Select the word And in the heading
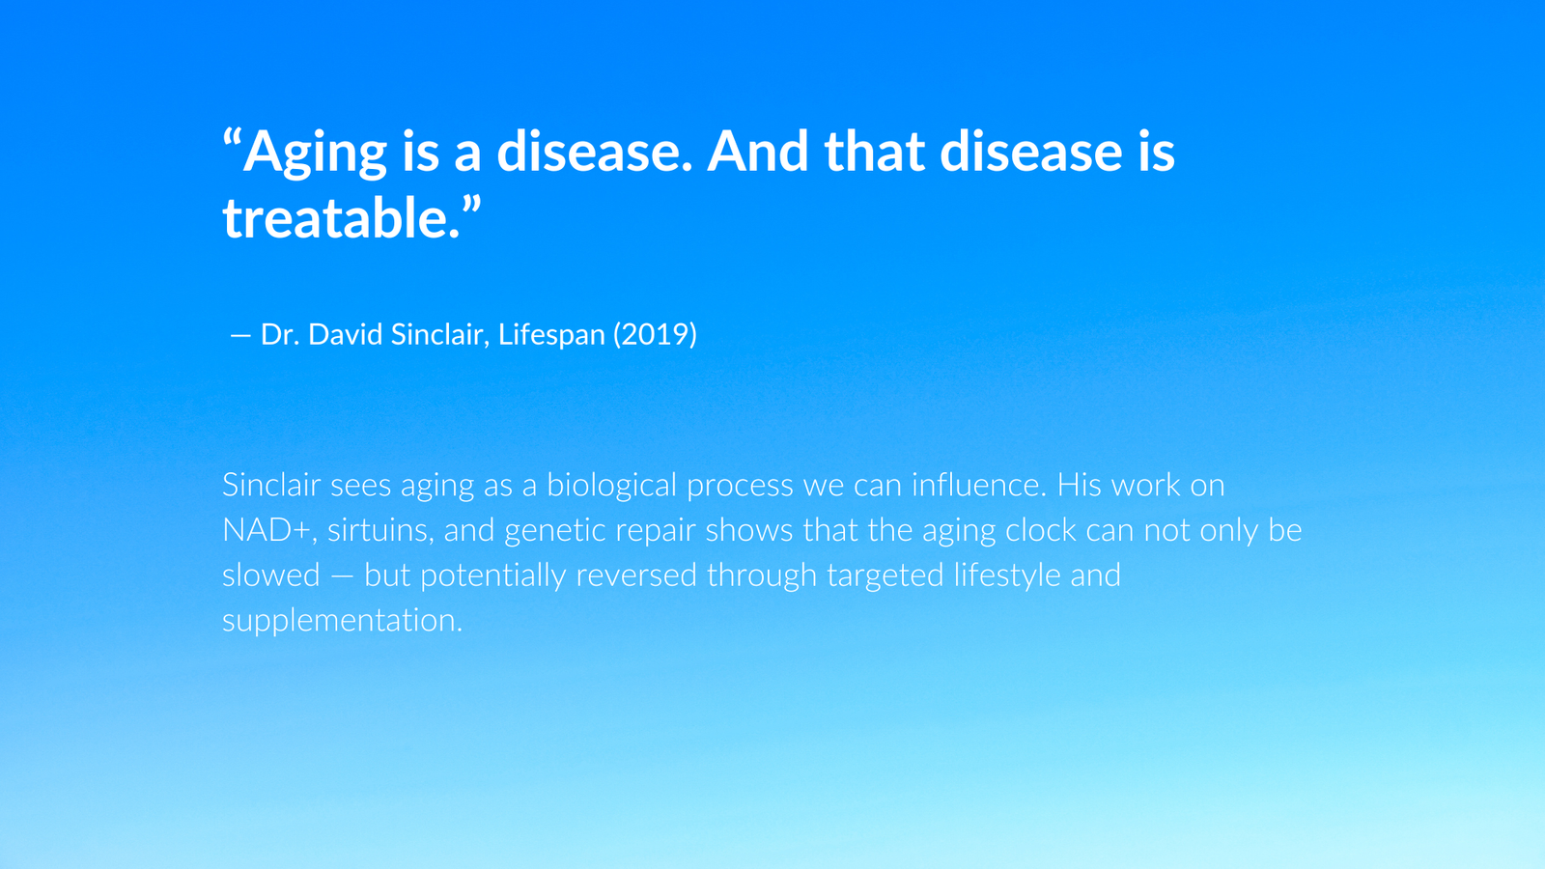[757, 151]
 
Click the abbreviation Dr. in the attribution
[280, 334]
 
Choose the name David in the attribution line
[345, 334]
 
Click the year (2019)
[655, 335]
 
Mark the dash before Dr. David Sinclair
[240, 336]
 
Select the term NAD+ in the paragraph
[267, 530]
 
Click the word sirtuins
[380, 530]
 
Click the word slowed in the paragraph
[271, 575]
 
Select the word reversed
[636, 575]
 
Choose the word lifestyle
[1007, 575]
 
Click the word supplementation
[342, 621]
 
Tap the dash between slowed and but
[342, 577]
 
